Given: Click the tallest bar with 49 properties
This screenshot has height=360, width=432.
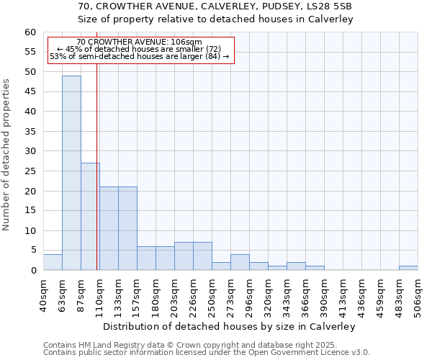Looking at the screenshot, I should pos(71,173).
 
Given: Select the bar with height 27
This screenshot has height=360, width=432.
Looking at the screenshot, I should pos(90,216).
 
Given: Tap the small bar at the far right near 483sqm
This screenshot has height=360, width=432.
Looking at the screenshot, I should pos(408,268).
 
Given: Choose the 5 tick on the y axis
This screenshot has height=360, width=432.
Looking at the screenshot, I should pos(33,251).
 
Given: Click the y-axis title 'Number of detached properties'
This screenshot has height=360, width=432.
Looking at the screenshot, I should pos(6,155).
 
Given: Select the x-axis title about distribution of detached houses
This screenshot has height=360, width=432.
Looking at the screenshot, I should pos(230,326).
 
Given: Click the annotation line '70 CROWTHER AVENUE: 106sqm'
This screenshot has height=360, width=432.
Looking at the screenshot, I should pos(139,42).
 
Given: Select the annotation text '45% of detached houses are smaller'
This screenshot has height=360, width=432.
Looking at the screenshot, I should pos(139,49).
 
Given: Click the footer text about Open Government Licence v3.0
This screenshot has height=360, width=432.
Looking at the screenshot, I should pos(207,352).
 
